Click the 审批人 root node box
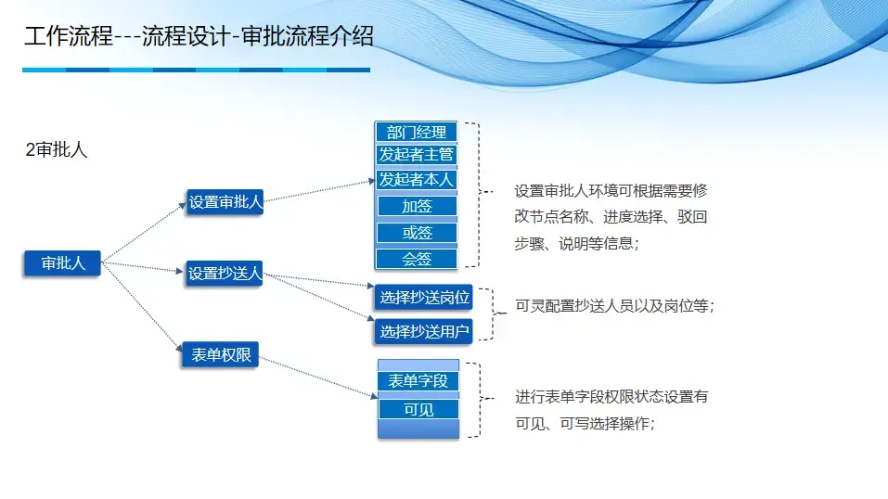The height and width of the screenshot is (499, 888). click(62, 263)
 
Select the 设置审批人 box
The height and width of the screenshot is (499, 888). click(225, 202)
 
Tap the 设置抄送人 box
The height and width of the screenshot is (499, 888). click(225, 273)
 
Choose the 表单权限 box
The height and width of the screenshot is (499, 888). click(220, 354)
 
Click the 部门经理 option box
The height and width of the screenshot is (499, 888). click(417, 132)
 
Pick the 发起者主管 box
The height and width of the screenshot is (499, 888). click(417, 154)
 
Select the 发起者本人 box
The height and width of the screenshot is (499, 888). click(417, 179)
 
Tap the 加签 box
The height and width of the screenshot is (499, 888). click(417, 206)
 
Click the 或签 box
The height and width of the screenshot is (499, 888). click(417, 233)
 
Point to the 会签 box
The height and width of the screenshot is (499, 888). click(417, 259)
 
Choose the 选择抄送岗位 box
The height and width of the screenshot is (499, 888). click(424, 298)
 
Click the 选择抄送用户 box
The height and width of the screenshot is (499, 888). click(424, 330)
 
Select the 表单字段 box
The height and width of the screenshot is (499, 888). click(418, 381)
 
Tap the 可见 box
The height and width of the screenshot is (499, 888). click(418, 409)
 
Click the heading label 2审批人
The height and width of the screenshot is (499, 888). click(57, 150)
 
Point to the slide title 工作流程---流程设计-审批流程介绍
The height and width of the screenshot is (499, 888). click(199, 37)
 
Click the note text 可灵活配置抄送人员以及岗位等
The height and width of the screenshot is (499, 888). click(614, 306)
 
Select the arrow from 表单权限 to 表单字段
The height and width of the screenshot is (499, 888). click(315, 377)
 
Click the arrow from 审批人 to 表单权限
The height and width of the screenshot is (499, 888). click(141, 307)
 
